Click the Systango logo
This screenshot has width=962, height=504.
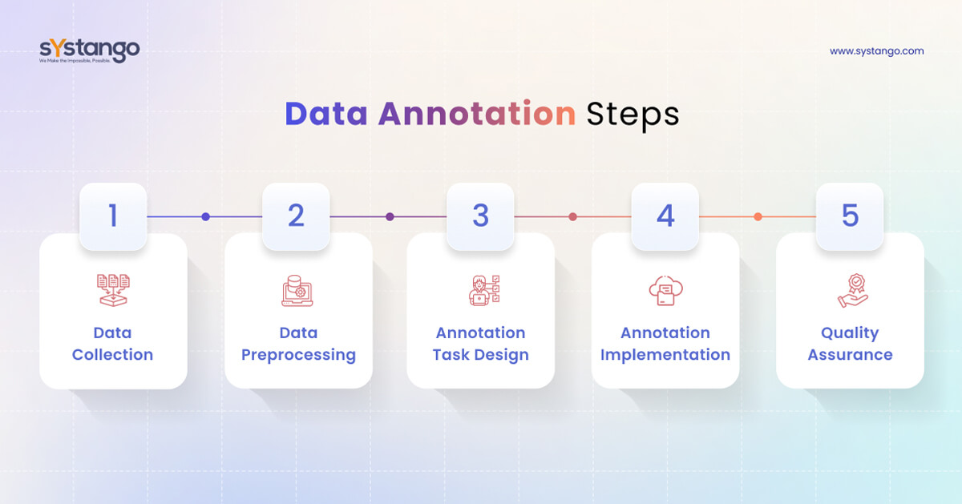pyautogui.click(x=89, y=50)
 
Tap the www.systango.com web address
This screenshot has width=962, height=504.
pyautogui.click(x=876, y=50)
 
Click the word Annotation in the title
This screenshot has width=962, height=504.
pyautogui.click(x=477, y=114)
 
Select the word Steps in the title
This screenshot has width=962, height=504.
pyautogui.click(x=633, y=114)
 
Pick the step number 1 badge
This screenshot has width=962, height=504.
pyautogui.click(x=113, y=216)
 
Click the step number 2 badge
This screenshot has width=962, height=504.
pyautogui.click(x=297, y=216)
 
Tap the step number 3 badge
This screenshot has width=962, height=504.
pyautogui.click(x=480, y=216)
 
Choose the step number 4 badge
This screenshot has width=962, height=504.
pyautogui.click(x=665, y=216)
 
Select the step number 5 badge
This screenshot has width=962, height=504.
pyautogui.click(x=850, y=216)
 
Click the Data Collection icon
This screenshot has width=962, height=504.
pyautogui.click(x=113, y=290)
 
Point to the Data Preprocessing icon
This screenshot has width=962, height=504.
pyautogui.click(x=297, y=290)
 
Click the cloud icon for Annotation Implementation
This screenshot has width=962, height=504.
pyautogui.click(x=665, y=290)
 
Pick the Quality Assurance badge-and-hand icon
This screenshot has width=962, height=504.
pyautogui.click(x=851, y=290)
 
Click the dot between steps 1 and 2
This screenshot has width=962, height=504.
pyautogui.click(x=206, y=216)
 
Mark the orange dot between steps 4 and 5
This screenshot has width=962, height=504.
pyautogui.click(x=758, y=216)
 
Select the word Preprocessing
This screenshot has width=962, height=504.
pyautogui.click(x=298, y=355)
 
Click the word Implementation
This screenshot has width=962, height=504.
pyautogui.click(x=665, y=355)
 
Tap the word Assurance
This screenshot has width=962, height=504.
pyautogui.click(x=850, y=355)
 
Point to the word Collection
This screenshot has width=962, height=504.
pyautogui.click(x=112, y=355)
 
